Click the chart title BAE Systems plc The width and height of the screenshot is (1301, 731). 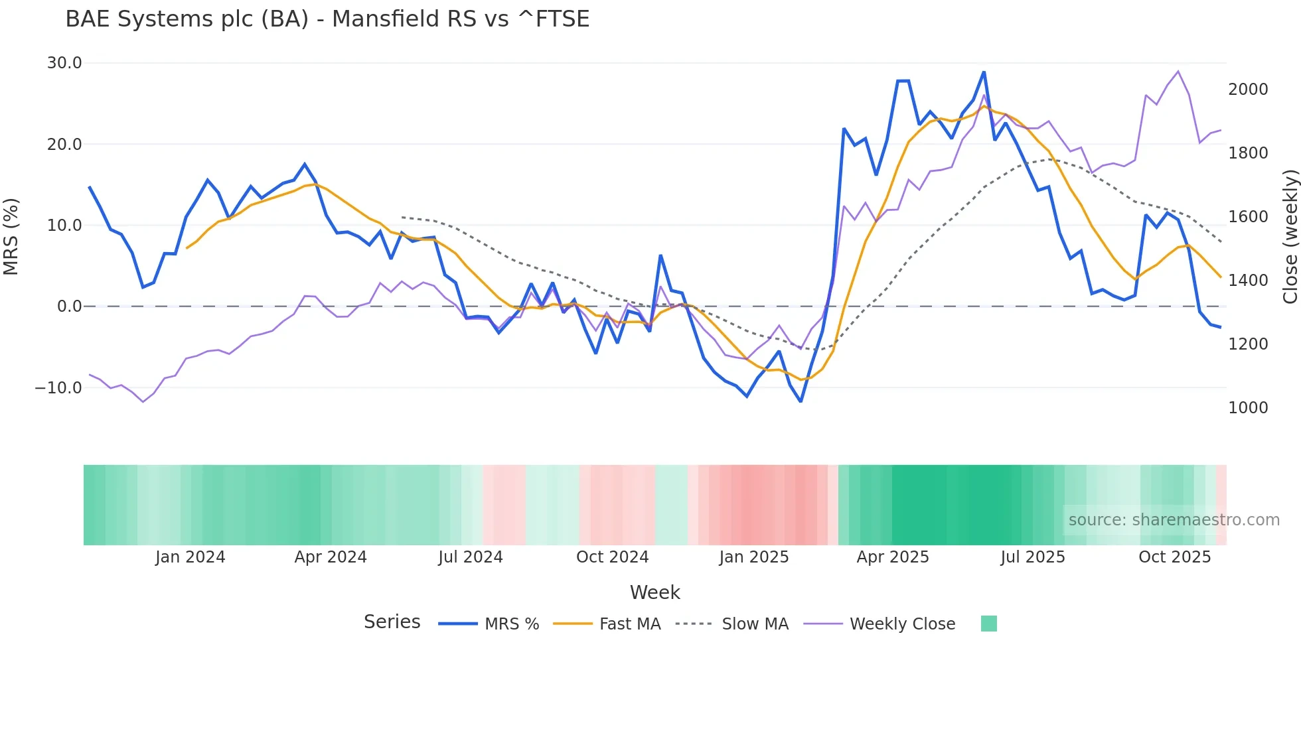point(327,19)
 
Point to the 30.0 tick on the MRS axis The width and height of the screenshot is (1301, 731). point(64,63)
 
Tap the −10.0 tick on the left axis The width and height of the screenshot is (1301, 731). point(58,387)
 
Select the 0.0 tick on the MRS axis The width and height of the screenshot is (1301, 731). point(69,306)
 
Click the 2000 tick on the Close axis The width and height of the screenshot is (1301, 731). point(1248,90)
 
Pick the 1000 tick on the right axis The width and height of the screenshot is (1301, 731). point(1248,408)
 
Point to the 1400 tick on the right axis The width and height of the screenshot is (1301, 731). point(1248,281)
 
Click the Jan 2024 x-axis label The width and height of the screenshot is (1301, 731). point(191,557)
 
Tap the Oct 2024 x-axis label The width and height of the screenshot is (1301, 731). point(612,557)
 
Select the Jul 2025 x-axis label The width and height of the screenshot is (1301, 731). point(1033,557)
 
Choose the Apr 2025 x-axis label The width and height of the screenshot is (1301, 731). point(893,557)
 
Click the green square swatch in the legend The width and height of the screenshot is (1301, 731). point(989,624)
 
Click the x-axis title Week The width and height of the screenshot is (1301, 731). point(654,592)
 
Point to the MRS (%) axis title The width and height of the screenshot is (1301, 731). point(11,237)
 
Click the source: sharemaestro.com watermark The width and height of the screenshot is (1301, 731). point(1174,520)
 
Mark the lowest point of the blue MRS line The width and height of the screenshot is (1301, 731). point(801,401)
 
